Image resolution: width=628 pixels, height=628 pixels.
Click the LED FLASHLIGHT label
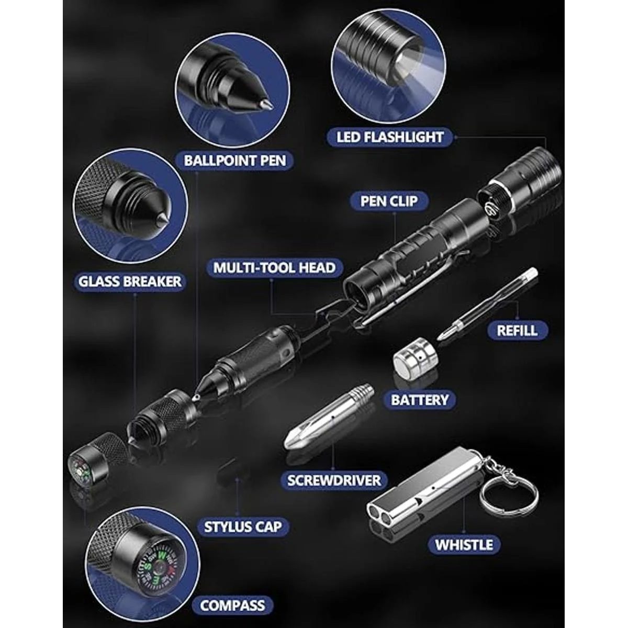390,137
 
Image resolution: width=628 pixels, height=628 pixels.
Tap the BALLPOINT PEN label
234,160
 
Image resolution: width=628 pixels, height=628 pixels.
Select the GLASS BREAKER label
130,282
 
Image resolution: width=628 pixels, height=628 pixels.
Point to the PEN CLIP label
388,201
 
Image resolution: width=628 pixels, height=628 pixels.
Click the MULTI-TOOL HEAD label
274,267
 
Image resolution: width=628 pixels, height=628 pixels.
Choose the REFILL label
517,331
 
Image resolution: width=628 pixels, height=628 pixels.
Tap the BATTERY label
419,400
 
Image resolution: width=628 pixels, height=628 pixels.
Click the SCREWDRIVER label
334,480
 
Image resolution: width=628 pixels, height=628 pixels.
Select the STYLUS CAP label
243,527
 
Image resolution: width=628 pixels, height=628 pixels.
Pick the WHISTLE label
464,545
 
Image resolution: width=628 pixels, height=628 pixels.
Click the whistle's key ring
511,497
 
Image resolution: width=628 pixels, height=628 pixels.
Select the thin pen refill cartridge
488,305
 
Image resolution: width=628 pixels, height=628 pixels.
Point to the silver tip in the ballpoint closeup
266,105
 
